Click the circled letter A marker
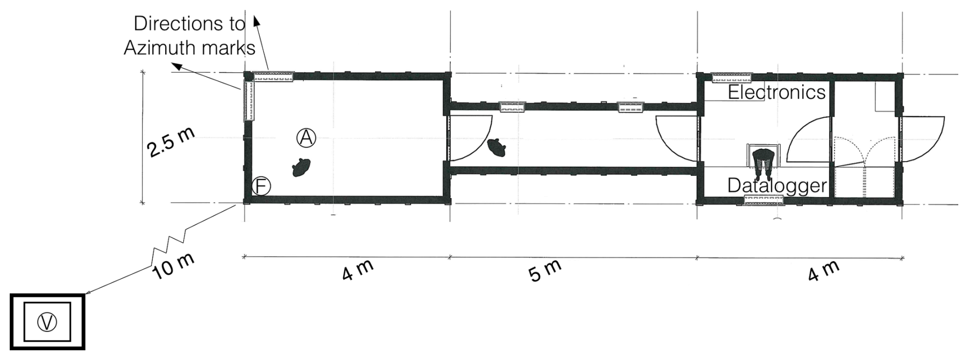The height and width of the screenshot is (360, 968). (306, 138)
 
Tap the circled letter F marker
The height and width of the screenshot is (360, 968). (261, 186)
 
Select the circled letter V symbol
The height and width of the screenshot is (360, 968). (48, 322)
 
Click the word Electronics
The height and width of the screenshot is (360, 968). (776, 93)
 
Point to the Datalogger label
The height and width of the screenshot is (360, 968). (777, 185)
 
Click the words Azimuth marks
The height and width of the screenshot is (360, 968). (189, 48)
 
